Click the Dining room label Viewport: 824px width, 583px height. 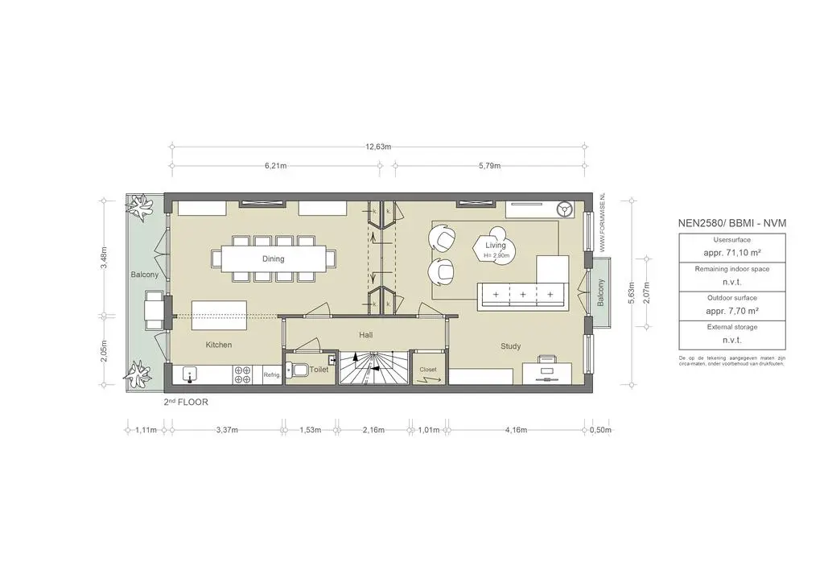273,258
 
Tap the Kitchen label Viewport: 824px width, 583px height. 218,345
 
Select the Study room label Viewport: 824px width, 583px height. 510,346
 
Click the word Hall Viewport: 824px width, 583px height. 365,335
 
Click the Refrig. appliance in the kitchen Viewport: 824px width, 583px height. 271,374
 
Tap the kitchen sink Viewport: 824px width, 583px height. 190,374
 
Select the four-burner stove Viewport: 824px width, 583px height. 244,374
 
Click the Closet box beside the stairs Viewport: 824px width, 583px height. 428,370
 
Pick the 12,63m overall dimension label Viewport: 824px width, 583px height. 378,147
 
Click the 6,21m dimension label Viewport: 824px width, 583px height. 276,166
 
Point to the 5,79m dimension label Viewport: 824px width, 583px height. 489,166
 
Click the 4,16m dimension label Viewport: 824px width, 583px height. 516,430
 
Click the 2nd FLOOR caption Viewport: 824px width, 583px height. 186,402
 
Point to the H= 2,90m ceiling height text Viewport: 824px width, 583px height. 496,255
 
